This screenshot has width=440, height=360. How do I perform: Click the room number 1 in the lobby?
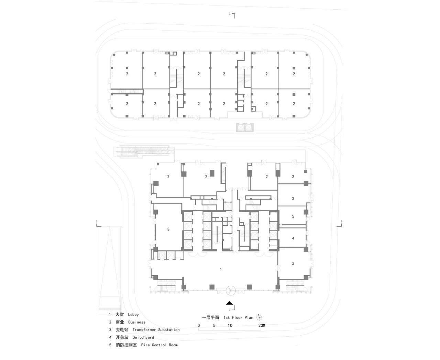pos(221,270)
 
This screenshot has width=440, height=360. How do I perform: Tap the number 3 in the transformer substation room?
pos(168,229)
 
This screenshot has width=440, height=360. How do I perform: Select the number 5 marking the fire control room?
pos(293,216)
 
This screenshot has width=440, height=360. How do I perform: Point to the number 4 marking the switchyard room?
pos(293,238)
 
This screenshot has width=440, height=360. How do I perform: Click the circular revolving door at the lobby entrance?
pos(230,291)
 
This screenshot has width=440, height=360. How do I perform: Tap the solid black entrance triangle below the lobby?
pos(229,303)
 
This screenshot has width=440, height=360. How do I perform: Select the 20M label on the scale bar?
pos(262,325)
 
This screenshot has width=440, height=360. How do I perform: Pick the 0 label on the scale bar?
pos(199,325)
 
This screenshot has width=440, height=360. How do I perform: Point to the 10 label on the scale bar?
pos(230,325)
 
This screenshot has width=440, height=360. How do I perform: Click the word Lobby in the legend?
pos(133,314)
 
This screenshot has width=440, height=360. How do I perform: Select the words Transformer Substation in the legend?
pos(156,330)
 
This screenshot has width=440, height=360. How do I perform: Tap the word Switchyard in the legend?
pos(143,337)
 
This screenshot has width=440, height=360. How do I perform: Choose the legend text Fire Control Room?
pos(159,345)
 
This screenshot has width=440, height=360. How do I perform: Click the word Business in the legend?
pos(137,322)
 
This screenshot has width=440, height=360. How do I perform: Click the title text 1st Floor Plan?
pos(238,317)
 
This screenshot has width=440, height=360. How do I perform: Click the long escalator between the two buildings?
pos(145,151)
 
